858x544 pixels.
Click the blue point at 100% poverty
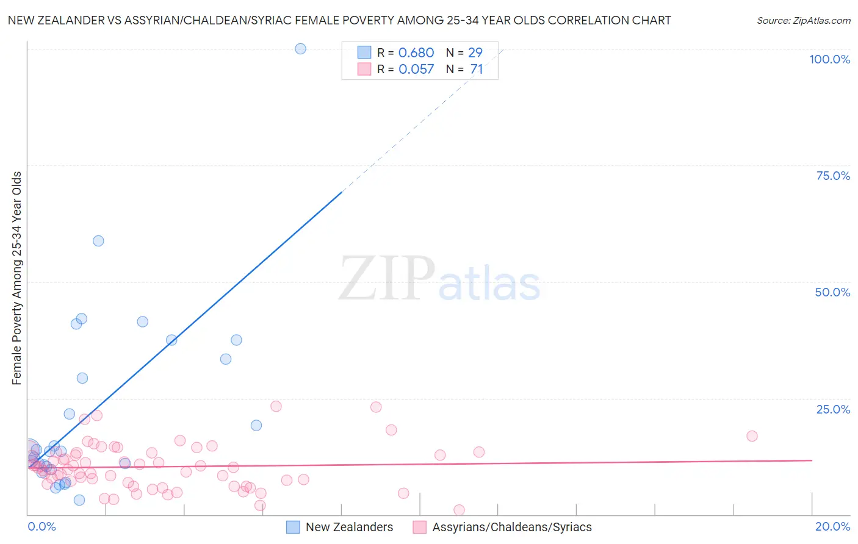pos(300,49)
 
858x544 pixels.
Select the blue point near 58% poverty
pos(98,241)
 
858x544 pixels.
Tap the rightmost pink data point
pos(752,436)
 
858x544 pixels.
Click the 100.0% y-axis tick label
pos(829,59)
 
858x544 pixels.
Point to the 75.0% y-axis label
pos(833,176)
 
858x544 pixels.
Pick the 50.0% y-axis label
pos(832,292)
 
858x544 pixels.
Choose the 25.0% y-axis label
pos(833,409)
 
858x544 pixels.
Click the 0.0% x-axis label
pos(41,526)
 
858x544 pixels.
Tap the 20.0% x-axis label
pos(832,526)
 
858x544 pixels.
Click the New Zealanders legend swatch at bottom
pos(293,527)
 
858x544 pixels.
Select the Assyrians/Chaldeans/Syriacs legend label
pos(511,527)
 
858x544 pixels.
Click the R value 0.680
pos(416,53)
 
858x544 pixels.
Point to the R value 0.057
pos(416,70)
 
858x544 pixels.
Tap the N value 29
pos(475,53)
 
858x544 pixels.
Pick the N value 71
pos(477,70)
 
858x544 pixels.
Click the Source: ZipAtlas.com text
pos(803,21)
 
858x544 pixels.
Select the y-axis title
pos(16,278)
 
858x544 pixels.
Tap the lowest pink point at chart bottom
pos(459,510)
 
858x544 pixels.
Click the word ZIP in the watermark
pos(387,279)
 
